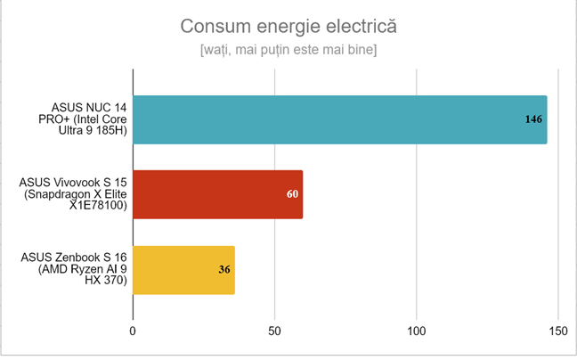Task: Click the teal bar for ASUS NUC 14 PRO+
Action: pos(338,119)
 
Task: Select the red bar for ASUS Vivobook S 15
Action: pos(217,194)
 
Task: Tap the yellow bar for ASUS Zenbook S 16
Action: pos(183,269)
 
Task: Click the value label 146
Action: pos(533,119)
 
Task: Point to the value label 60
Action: pos(291,194)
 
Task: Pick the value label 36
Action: pos(224,269)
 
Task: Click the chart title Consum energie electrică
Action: pos(288,26)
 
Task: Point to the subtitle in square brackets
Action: pos(288,50)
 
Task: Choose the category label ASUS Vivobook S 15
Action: pos(74,194)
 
